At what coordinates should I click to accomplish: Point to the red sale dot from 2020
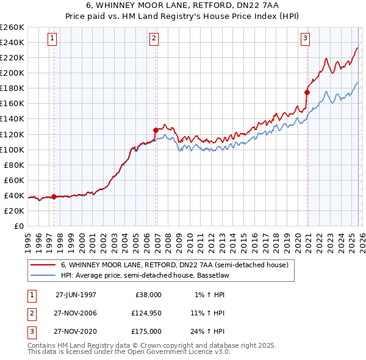307,93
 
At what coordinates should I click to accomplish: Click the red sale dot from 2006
156,130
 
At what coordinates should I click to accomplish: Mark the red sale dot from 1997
54,196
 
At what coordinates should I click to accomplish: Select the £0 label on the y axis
18,226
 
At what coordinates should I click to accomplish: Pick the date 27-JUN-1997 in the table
76,295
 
